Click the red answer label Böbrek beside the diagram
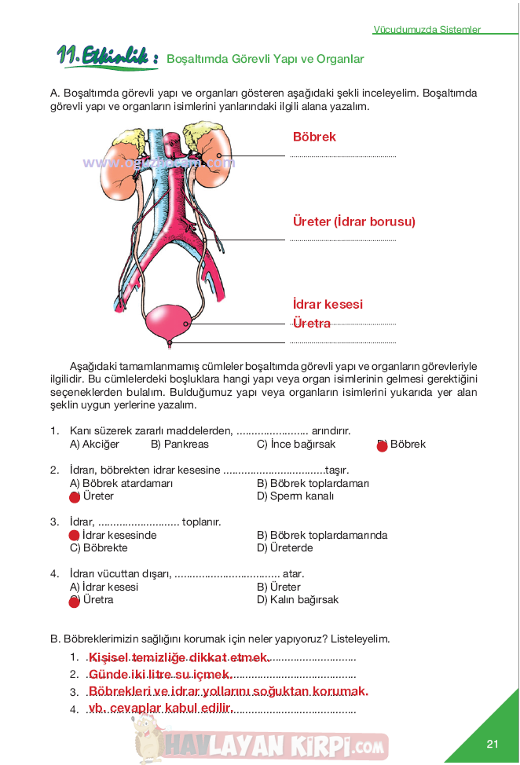point(314,137)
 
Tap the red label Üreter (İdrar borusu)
point(353,221)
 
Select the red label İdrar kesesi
point(328,305)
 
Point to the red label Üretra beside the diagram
point(311,323)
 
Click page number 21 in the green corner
point(493,744)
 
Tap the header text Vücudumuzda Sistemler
point(427,30)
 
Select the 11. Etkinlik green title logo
point(107,56)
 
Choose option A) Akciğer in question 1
point(94,445)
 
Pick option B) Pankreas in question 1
point(180,445)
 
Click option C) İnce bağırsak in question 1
point(296,445)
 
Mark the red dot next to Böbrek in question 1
point(383,446)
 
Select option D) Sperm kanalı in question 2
point(295,496)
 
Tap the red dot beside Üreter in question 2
point(75,497)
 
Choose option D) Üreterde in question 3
point(285,548)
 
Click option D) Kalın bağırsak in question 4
point(298,600)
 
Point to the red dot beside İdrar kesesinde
point(75,536)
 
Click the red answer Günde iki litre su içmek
point(160,675)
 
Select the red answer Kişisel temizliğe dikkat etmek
point(179,657)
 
